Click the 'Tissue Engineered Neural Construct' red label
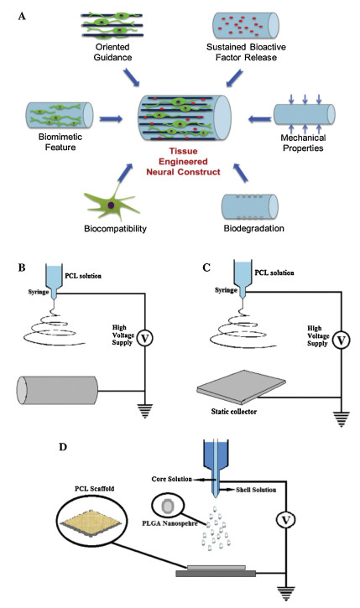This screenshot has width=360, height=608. pyautogui.click(x=183, y=162)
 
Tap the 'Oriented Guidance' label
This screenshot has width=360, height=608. pyautogui.click(x=112, y=52)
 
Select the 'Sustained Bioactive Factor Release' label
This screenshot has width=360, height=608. pyautogui.click(x=246, y=52)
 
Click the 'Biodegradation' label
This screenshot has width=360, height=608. pyautogui.click(x=253, y=228)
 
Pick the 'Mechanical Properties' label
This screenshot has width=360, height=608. pyautogui.click(x=303, y=143)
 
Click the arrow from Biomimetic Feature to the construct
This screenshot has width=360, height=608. pyautogui.click(x=111, y=118)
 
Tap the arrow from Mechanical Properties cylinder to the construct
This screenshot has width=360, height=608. pyautogui.click(x=259, y=118)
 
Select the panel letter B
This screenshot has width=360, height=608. pyautogui.click(x=22, y=268)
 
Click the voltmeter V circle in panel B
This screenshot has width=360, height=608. pyautogui.click(x=145, y=338)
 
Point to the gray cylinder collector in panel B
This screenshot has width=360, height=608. pyautogui.click(x=57, y=390)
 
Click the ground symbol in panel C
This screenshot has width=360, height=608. pyautogui.click(x=341, y=419)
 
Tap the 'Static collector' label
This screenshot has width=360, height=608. pyautogui.click(x=234, y=412)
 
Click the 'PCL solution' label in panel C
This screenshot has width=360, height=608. pyautogui.click(x=274, y=273)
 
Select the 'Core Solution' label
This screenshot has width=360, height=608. pyautogui.click(x=172, y=479)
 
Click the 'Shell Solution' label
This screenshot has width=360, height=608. pyautogui.click(x=256, y=490)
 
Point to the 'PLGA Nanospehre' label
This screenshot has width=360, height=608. pyautogui.click(x=170, y=523)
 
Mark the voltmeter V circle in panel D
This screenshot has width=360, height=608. pyautogui.click(x=286, y=520)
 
